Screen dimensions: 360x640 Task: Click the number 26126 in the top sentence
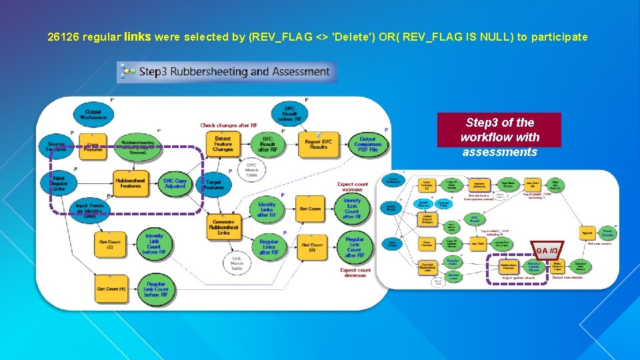[x=62, y=37]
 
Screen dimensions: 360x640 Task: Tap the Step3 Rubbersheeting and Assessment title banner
[x=227, y=72]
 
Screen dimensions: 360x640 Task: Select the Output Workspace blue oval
[x=93, y=114]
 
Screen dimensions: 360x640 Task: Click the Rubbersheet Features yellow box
[x=130, y=183]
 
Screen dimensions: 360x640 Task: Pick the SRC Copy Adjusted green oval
[x=175, y=183]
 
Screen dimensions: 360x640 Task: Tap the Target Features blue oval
[x=213, y=184]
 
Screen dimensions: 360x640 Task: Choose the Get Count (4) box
[x=110, y=289]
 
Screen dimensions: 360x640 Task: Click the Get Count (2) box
[x=110, y=244]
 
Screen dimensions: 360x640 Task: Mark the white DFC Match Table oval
[x=251, y=169]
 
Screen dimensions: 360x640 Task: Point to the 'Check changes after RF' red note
[x=229, y=125]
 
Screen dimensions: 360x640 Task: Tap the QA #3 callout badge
[x=547, y=250]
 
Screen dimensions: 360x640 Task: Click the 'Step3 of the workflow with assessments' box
[x=499, y=137]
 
